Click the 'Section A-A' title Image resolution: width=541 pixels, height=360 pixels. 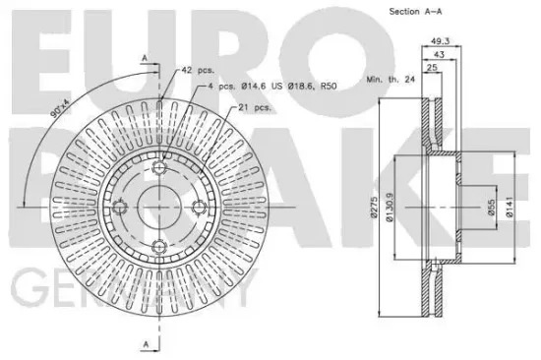point(415,12)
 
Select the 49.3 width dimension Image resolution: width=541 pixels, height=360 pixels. point(441,41)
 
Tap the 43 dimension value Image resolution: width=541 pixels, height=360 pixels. point(439,54)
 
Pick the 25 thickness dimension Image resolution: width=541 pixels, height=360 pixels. point(432,68)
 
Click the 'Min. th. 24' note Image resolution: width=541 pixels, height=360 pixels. point(391,80)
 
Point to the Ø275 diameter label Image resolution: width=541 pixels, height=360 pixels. point(375,208)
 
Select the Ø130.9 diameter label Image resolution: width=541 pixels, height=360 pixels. point(390,208)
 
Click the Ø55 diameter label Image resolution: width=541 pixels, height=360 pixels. point(492,208)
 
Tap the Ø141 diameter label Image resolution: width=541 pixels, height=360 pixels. point(510,208)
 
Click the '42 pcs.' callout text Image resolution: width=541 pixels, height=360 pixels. point(198,70)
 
